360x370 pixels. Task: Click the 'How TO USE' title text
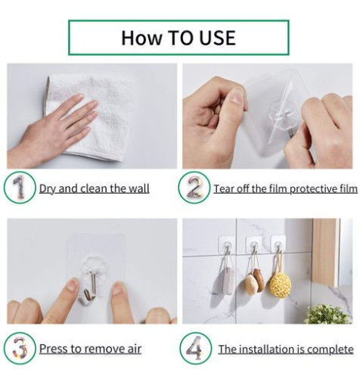click(x=178, y=37)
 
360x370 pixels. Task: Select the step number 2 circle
click(x=194, y=188)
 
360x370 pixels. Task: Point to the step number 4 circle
click(x=194, y=348)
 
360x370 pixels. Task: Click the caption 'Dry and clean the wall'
click(x=94, y=188)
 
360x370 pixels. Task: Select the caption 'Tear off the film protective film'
click(x=285, y=188)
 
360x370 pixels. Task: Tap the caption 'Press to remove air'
click(x=90, y=349)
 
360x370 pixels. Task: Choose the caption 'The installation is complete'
click(x=285, y=349)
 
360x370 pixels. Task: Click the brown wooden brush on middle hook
click(x=254, y=282)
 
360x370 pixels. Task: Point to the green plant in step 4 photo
click(x=327, y=313)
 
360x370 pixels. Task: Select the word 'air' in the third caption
click(x=132, y=349)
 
